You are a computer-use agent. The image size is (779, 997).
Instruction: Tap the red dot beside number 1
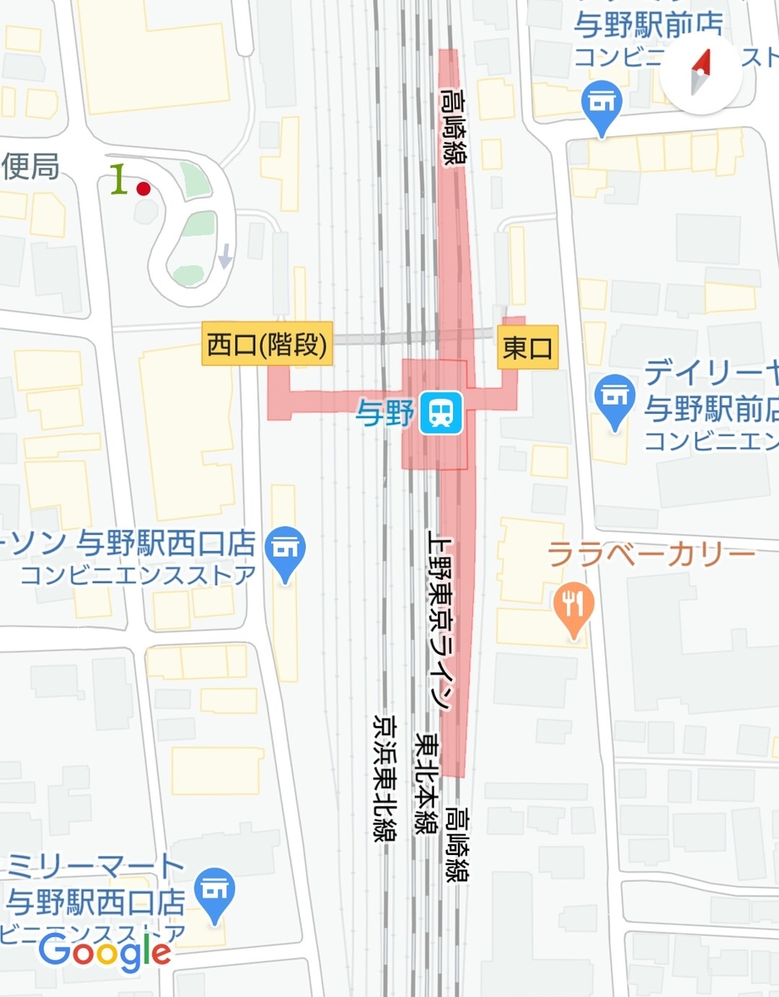tap(143, 189)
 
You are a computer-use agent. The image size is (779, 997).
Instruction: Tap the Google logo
tap(105, 952)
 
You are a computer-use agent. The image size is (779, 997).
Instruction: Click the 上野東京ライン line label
tap(438, 619)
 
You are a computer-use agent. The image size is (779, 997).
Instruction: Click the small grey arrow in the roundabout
tap(224, 258)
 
